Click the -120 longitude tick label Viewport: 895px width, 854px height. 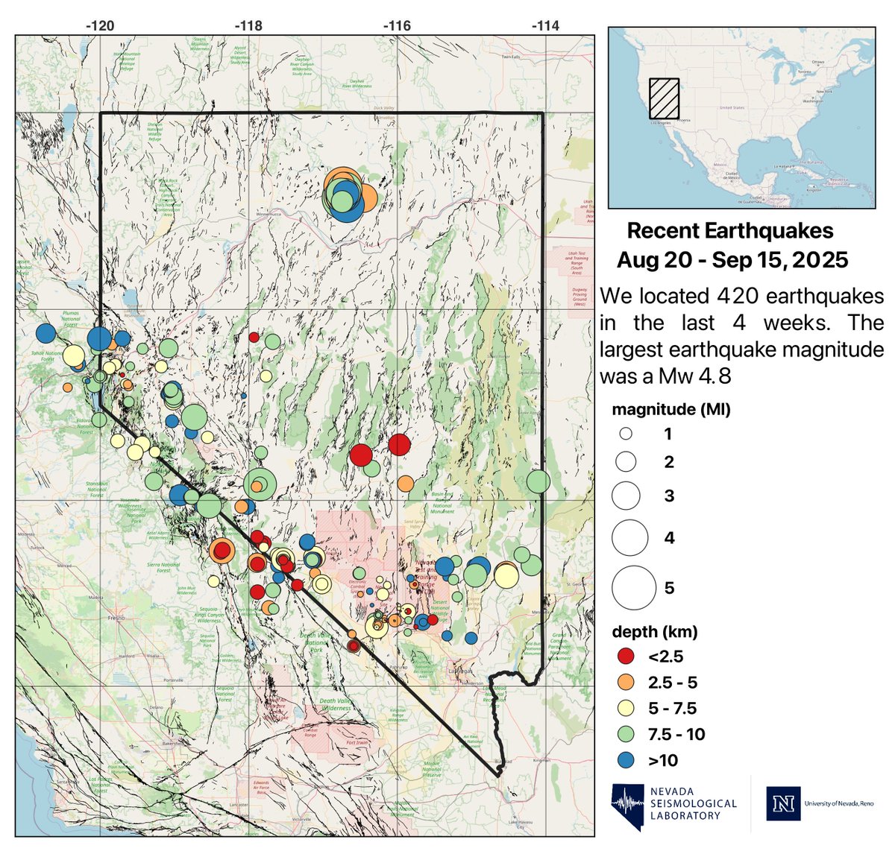pos(100,25)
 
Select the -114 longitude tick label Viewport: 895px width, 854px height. pos(545,25)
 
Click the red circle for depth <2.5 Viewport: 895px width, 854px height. pos(626,657)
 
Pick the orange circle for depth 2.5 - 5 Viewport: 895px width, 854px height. pos(626,683)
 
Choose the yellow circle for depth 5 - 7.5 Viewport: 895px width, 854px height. pos(626,708)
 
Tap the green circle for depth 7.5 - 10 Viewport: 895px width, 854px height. pos(626,734)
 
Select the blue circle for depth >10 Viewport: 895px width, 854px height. pos(626,760)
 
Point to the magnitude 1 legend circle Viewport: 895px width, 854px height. pos(626,434)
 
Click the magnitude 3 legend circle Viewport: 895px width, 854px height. pos(626,496)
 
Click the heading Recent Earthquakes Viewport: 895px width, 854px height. pos(730,231)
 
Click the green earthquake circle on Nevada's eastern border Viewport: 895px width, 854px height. pos(538,481)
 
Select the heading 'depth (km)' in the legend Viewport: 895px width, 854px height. pos(654,632)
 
